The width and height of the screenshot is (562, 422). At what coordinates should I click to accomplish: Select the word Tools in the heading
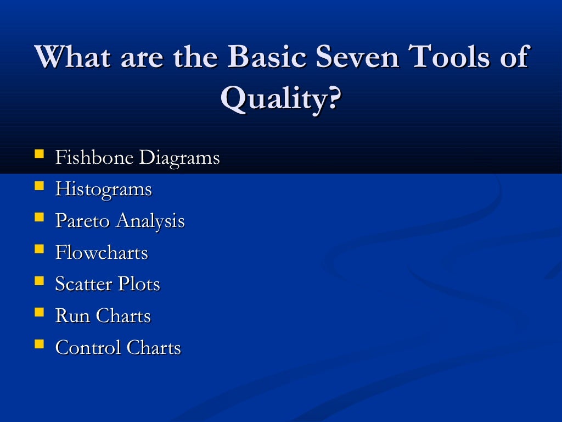(x=450, y=57)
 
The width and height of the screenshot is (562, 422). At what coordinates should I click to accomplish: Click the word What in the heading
(x=74, y=57)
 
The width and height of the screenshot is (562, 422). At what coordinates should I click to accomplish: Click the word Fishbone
(x=94, y=158)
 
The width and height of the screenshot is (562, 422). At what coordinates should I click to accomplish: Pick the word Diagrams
(x=179, y=158)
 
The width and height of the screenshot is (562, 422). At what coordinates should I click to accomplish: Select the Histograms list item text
(x=103, y=190)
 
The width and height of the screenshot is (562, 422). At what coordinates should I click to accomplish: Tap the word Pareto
(x=83, y=221)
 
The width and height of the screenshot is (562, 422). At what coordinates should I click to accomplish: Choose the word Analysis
(x=151, y=221)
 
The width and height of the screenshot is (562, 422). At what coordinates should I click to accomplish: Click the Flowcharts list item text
(x=102, y=253)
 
